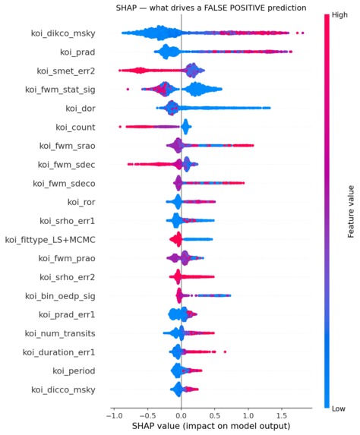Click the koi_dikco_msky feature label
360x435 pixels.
(x=63, y=33)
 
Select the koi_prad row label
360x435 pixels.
(x=77, y=52)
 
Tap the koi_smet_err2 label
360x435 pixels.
(x=66, y=71)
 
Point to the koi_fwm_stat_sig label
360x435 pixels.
(x=60, y=90)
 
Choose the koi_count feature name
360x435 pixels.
(x=75, y=128)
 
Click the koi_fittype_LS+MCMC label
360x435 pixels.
(x=50, y=240)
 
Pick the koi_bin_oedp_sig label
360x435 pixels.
(x=60, y=296)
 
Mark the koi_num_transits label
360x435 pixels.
(x=60, y=333)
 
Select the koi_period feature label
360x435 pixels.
(x=74, y=371)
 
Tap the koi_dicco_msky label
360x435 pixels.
(x=63, y=390)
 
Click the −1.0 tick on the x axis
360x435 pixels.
(x=114, y=416)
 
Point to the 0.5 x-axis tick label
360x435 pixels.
(x=214, y=416)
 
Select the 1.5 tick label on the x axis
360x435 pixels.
(x=282, y=416)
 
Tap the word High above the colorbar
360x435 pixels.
(x=339, y=15)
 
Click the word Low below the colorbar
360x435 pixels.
(x=338, y=408)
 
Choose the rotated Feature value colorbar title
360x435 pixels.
(x=351, y=212)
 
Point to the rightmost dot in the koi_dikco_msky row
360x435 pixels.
(x=302, y=33)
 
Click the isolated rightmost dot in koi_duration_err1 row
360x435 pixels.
(x=225, y=352)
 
